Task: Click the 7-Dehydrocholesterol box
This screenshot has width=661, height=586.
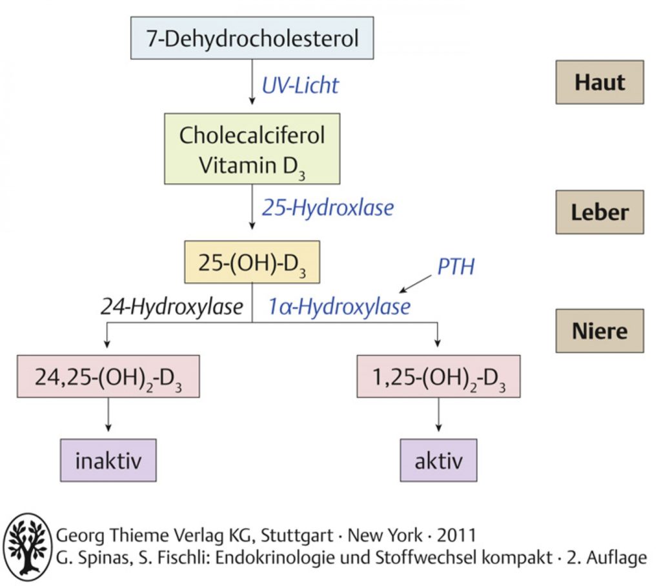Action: point(252,38)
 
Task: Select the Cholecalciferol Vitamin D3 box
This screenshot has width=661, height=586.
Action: point(252,148)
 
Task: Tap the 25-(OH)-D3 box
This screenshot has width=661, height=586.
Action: point(252,262)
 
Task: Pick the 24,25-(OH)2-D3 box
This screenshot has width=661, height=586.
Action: point(108,376)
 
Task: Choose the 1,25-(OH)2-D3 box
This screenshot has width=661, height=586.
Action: point(438,376)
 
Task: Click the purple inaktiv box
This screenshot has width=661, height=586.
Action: point(108,460)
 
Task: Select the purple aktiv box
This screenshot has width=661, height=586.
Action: point(438,460)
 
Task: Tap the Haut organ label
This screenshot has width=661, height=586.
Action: point(600,82)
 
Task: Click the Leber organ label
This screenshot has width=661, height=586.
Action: point(600,212)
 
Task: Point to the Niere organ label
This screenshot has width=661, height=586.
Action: point(600,331)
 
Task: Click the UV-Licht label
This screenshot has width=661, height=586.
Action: point(300,86)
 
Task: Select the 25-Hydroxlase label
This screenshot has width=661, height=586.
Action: point(328,208)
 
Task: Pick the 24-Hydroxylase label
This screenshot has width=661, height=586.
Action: point(172,307)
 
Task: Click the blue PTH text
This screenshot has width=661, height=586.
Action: point(456,267)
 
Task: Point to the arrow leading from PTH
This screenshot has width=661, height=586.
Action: point(416,284)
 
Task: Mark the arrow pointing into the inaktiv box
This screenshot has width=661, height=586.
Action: point(108,414)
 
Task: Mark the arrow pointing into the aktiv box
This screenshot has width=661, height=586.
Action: point(438,414)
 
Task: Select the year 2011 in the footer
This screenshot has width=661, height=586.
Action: point(456,536)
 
